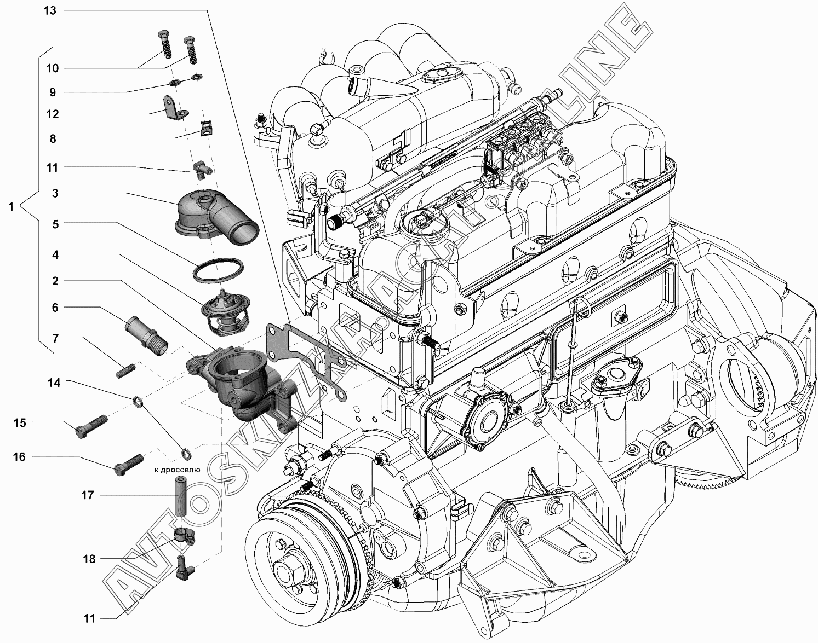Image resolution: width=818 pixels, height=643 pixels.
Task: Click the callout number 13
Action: click(x=50, y=10)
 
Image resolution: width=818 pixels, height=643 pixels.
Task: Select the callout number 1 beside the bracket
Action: click(x=11, y=207)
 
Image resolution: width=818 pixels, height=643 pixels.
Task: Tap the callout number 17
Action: click(x=88, y=495)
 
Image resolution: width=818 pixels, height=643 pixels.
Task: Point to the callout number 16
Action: click(x=19, y=457)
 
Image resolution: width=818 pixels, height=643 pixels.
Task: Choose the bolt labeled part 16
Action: click(x=128, y=465)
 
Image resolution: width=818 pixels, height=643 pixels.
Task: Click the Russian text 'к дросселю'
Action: click(x=177, y=470)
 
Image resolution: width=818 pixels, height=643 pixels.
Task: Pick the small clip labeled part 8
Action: click(x=207, y=128)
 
